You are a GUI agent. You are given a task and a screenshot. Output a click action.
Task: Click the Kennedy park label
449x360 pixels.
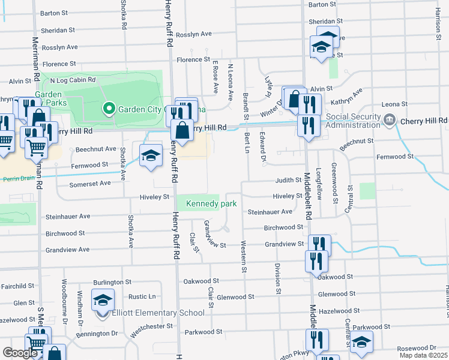pyautogui.click(x=211, y=204)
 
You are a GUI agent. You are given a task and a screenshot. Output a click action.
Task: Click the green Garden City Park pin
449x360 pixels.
pyautogui.click(x=109, y=109)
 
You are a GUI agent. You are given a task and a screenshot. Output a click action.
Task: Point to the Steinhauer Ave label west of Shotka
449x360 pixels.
pyautogui.click(x=68, y=216)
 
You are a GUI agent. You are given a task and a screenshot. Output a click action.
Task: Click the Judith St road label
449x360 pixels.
pyautogui.click(x=288, y=179)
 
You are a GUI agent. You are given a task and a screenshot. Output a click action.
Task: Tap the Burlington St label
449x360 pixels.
pyautogui.click(x=112, y=281)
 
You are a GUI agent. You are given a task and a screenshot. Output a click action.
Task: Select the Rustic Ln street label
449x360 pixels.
pyautogui.click(x=142, y=296)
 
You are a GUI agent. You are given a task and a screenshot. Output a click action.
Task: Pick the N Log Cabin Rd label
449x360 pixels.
pyautogui.click(x=73, y=80)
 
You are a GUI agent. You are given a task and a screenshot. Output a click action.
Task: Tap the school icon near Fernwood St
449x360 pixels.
pyautogui.click(x=151, y=156)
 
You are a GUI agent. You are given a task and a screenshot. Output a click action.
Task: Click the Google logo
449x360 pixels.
pyautogui.click(x=19, y=353)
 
